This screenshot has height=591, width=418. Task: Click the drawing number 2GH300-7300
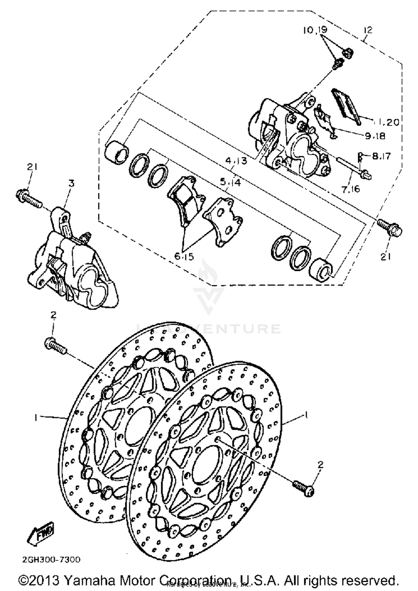coord(52,559)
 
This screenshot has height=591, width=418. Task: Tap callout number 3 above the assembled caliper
coord(72,183)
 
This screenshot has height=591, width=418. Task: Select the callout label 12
coord(368,30)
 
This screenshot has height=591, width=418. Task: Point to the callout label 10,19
coord(315,30)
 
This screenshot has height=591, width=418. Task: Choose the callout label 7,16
coord(351,189)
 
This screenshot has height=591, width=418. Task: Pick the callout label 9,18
coord(375,136)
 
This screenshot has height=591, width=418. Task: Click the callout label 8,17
coord(381,156)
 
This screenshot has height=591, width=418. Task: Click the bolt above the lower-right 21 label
coord(390,227)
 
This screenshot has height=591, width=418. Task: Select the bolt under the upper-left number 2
coord(55,346)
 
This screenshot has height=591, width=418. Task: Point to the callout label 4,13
coord(236,161)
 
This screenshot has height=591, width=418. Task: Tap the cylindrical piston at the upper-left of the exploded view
coord(117,152)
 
